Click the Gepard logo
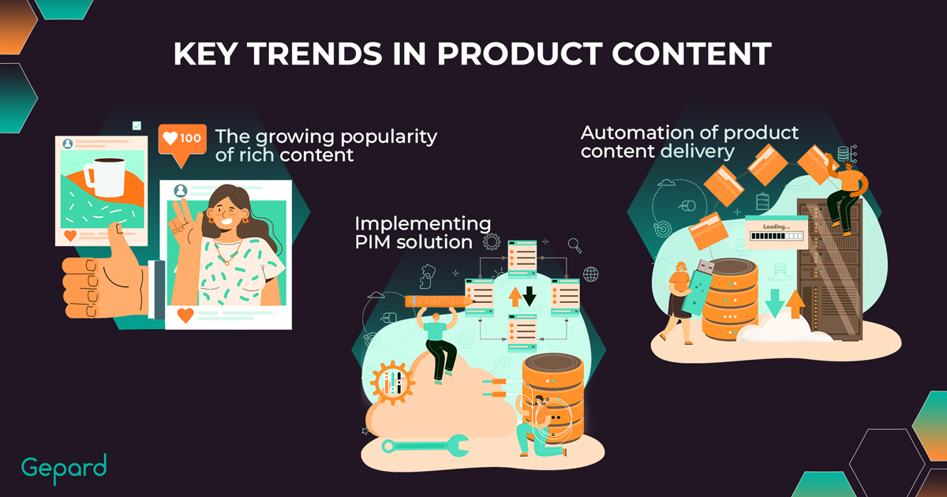point(64,469)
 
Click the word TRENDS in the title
point(315,54)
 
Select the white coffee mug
point(106,177)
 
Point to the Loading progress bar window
point(777,232)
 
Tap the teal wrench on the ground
point(425,446)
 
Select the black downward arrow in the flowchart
point(530,296)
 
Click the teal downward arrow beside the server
point(774,303)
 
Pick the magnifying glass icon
point(575,245)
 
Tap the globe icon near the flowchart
point(590,275)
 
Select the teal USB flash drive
point(698,287)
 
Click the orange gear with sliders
point(393,383)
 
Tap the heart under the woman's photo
point(185,315)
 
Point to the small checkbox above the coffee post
point(137,125)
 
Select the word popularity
point(389,137)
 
